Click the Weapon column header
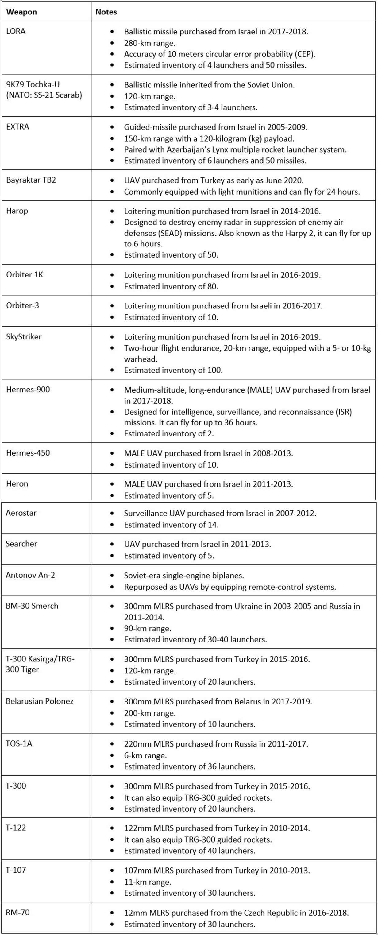coord(21,12)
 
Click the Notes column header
coord(106,12)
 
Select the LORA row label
coord(16,31)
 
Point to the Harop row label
coord(17,211)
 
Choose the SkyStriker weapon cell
coord(24,336)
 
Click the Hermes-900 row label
coord(28,390)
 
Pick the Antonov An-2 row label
coord(30,575)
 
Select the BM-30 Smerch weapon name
coord(32,606)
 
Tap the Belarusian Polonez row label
coord(40,701)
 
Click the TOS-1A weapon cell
coord(19,743)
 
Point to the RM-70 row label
coord(17,912)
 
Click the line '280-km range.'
coord(149,43)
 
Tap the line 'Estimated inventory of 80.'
coord(171,286)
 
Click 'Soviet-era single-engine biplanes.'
coord(184,575)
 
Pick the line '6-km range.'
coord(145,755)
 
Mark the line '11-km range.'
coord(147,882)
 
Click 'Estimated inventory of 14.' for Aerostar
coord(171,525)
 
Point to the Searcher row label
coord(21,544)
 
